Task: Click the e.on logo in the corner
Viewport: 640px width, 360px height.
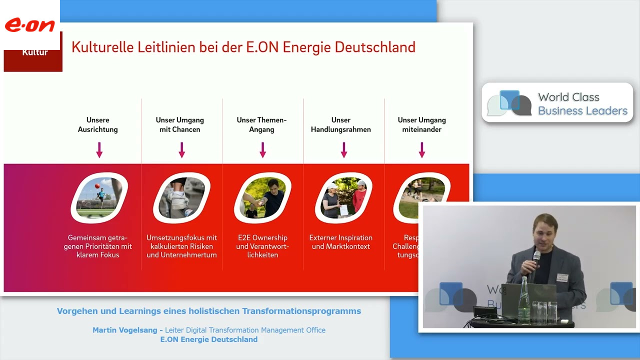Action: [29, 25]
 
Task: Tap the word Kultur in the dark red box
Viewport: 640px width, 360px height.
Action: [35, 52]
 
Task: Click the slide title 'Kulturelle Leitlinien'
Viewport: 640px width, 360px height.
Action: [243, 47]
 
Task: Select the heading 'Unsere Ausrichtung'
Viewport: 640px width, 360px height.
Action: [98, 124]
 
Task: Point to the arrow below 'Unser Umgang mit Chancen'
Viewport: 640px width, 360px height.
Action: [182, 149]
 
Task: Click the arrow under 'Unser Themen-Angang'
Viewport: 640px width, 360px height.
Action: [262, 149]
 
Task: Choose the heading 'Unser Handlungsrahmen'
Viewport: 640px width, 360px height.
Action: [341, 124]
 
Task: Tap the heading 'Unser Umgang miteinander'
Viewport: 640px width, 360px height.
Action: [421, 124]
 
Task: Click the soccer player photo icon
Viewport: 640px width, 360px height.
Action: [99, 197]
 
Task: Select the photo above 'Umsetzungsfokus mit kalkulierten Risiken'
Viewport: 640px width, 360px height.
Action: [181, 197]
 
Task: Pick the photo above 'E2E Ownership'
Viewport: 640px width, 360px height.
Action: [262, 197]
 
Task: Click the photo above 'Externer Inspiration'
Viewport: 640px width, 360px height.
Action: [343, 197]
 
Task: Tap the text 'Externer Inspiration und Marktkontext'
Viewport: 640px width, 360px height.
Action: [341, 242]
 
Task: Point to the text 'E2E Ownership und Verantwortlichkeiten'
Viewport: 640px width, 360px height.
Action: [262, 246]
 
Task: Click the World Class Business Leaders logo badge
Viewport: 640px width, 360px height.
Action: [557, 103]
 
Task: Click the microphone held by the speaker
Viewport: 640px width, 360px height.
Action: [536, 257]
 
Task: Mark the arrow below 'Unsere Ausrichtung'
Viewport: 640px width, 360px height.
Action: [99, 149]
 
